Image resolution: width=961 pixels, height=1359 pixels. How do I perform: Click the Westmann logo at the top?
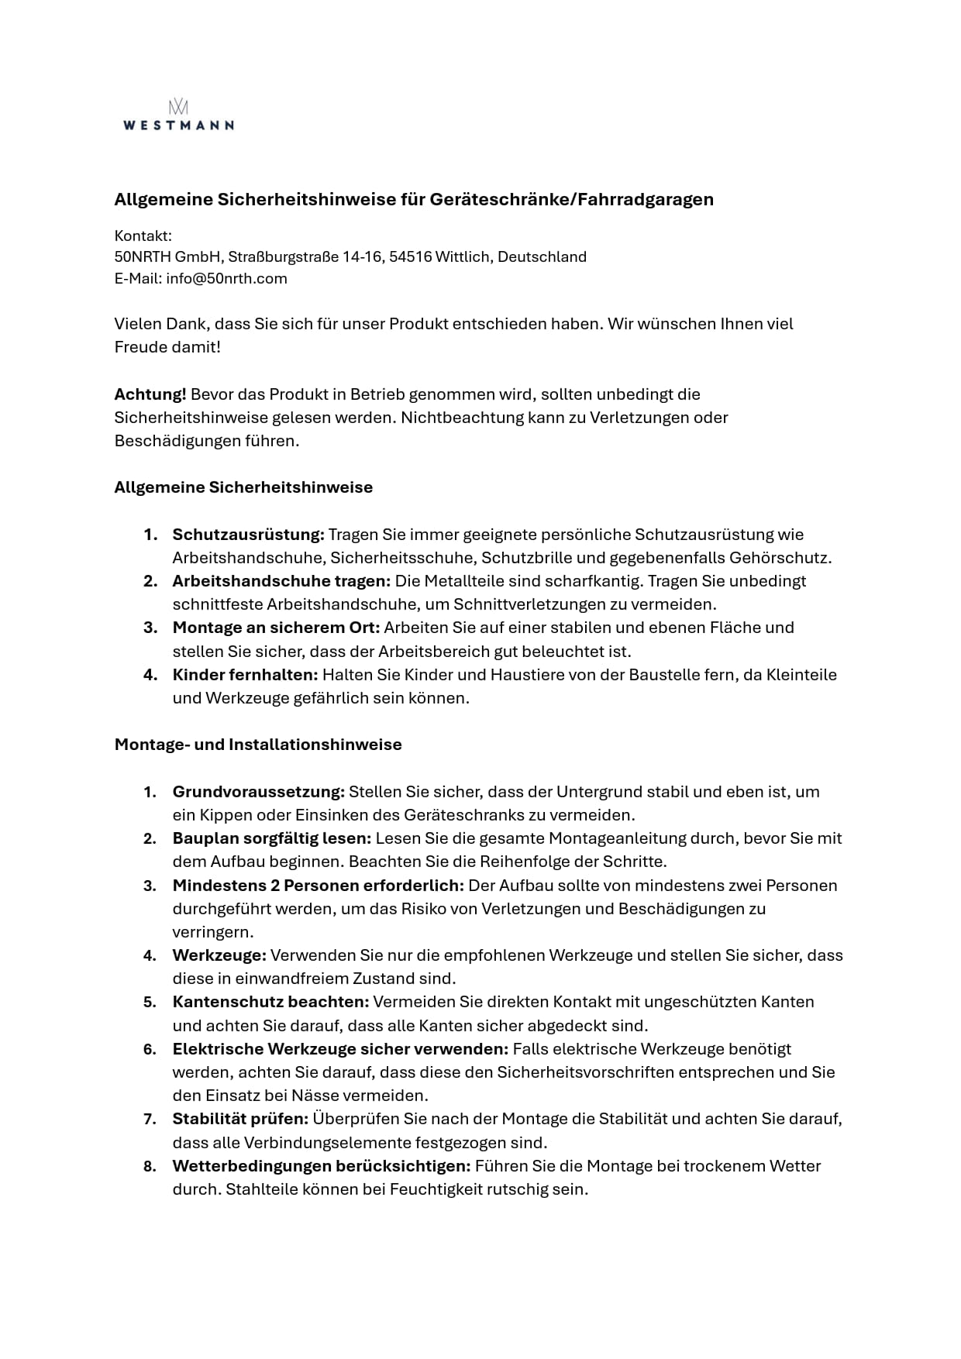[x=178, y=115]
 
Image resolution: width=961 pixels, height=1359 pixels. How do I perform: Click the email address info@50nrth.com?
[x=226, y=279]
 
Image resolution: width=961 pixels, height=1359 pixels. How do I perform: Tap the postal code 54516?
[x=410, y=257]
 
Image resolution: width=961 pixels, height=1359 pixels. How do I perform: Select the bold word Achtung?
[x=150, y=394]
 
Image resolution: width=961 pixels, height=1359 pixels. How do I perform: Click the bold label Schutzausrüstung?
[x=248, y=535]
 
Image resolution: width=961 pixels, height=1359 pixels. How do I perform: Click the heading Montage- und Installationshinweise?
[x=258, y=745]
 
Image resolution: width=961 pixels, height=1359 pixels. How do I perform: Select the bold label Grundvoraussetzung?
[x=258, y=792]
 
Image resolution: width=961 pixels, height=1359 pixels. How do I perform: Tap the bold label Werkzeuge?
[x=219, y=955]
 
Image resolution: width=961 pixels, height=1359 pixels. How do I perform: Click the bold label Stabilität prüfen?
[x=240, y=1119]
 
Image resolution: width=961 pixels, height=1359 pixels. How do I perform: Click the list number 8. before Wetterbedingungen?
[x=150, y=1166]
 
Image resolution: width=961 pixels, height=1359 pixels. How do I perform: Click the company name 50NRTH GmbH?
[x=168, y=257]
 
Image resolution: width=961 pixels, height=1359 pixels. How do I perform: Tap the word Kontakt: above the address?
[x=143, y=236]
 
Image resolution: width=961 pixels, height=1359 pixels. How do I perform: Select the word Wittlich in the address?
[x=462, y=257]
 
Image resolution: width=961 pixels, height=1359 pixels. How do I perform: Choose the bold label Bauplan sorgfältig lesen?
[x=272, y=838]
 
